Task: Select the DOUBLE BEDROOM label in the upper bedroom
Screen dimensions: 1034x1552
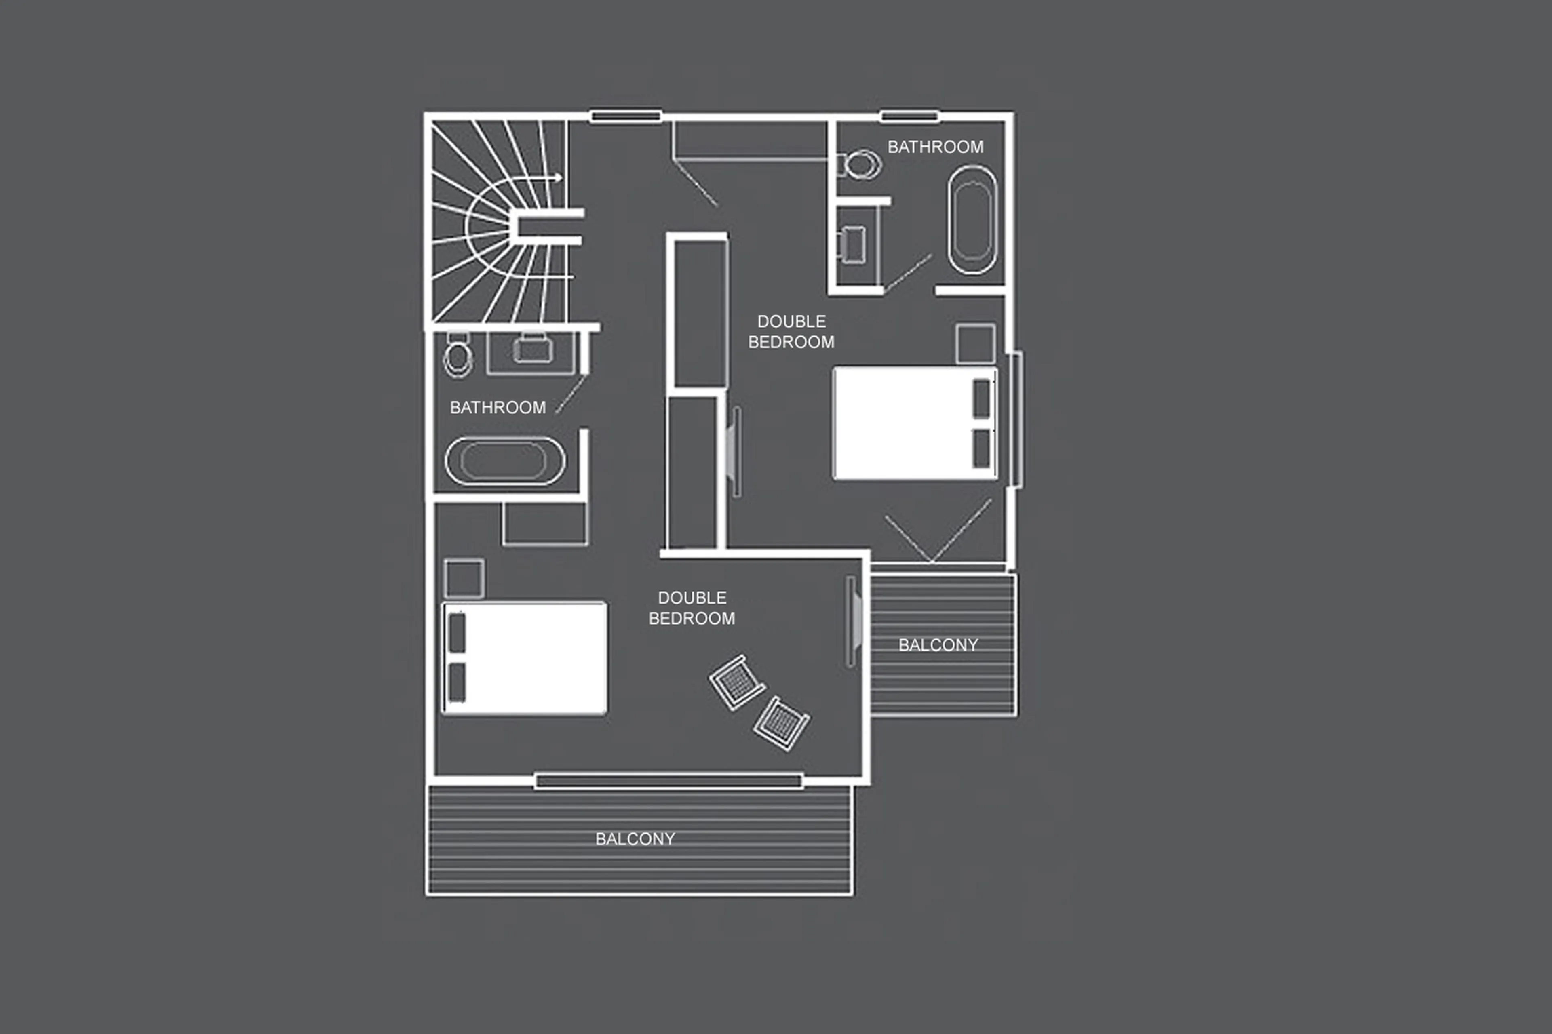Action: tap(791, 332)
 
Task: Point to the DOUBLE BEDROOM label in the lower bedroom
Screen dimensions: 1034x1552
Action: tap(692, 608)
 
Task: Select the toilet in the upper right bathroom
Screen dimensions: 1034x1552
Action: tap(861, 164)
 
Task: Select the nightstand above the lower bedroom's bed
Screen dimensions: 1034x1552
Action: tap(464, 578)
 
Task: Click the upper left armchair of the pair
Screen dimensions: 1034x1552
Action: tap(737, 682)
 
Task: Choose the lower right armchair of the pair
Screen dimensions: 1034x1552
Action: tap(782, 723)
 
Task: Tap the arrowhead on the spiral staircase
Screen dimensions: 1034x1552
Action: tap(558, 177)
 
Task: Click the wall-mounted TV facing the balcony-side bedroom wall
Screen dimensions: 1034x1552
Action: tap(853, 621)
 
